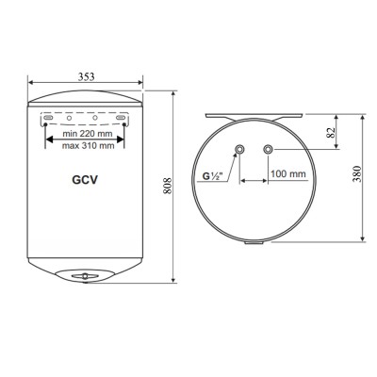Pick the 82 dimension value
pos(332,133)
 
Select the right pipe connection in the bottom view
pos(270,149)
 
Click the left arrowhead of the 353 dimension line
pos(27,83)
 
